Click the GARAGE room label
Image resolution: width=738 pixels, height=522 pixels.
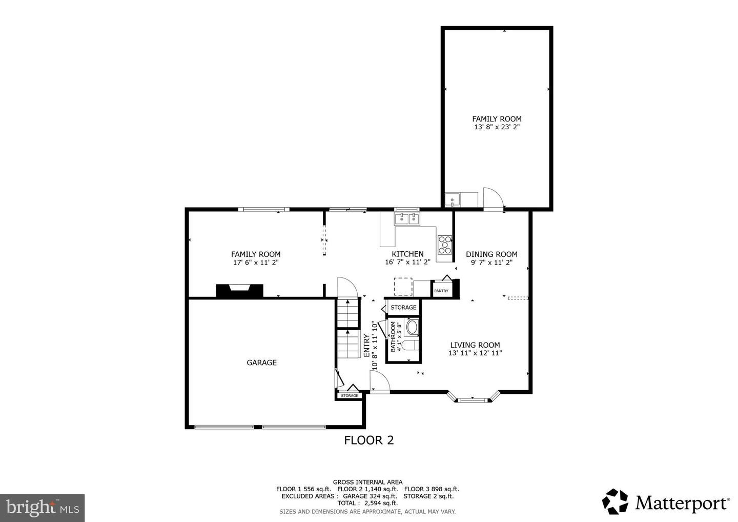[x=261, y=363]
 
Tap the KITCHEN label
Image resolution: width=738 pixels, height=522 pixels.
[x=407, y=254]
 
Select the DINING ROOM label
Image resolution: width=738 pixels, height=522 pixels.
[x=491, y=254]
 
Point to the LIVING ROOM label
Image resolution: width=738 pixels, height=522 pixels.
[x=475, y=345]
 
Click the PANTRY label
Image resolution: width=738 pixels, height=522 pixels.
[x=441, y=291]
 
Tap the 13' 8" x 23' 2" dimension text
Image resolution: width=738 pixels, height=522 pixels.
[x=497, y=127]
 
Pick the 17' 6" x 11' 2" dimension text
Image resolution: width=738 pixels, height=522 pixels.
[x=256, y=263]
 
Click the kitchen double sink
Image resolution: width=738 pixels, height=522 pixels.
[x=407, y=218]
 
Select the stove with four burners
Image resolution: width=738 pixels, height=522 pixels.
[x=445, y=245]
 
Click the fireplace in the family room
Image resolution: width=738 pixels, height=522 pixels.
[x=239, y=291]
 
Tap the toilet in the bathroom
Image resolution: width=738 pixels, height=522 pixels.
[x=410, y=346]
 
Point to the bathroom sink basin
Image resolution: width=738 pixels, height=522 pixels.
[x=412, y=327]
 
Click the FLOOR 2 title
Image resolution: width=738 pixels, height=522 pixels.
[x=369, y=440]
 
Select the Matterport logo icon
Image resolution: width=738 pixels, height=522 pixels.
[x=615, y=501]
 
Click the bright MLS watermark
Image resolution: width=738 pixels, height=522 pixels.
[x=42, y=508]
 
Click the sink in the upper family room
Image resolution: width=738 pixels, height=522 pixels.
[x=453, y=199]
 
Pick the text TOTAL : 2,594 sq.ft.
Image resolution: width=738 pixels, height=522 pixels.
[x=367, y=503]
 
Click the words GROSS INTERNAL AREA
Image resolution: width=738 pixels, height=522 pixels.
[x=367, y=482]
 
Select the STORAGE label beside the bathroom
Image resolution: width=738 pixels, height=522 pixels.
[x=404, y=308]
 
